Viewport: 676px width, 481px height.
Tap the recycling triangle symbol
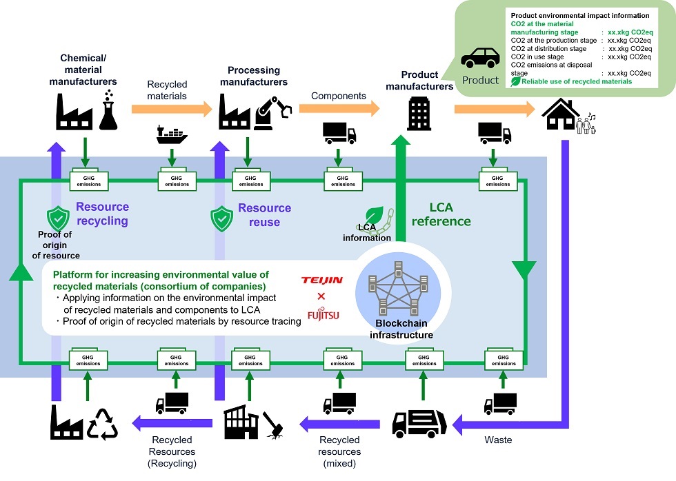point(101,423)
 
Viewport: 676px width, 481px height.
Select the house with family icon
point(568,113)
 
